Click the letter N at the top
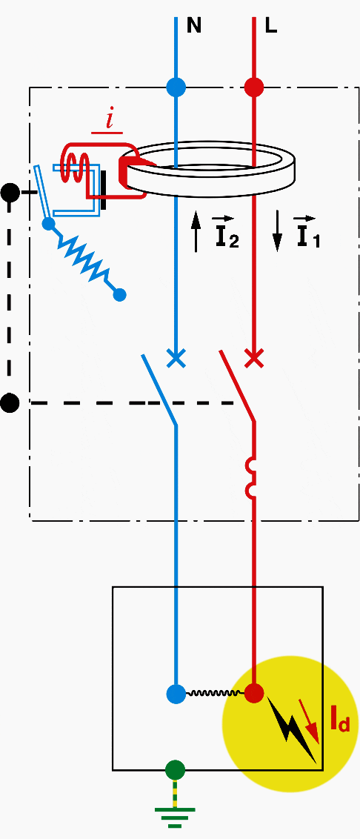(193, 26)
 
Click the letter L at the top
(271, 26)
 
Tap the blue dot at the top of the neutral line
(176, 87)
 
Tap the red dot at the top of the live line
(253, 87)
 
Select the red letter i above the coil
(110, 121)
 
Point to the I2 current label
(226, 233)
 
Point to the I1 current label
(307, 233)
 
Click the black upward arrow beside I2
(196, 231)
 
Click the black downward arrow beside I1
(277, 231)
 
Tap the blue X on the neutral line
(176, 358)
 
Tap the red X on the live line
(253, 358)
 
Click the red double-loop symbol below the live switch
(250, 477)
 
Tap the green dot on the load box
(175, 770)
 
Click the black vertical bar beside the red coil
(103, 190)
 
